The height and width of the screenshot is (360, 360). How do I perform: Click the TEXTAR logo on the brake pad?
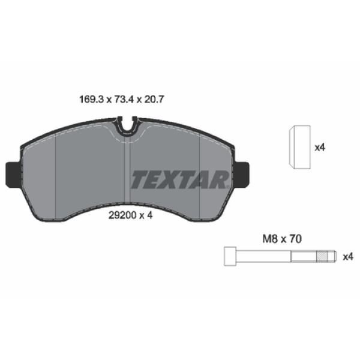coord(179,179)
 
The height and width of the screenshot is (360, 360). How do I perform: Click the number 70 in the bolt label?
coord(293,238)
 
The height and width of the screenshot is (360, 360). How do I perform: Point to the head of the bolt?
coord(230,256)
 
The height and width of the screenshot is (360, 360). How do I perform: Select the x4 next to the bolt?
coord(347,257)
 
